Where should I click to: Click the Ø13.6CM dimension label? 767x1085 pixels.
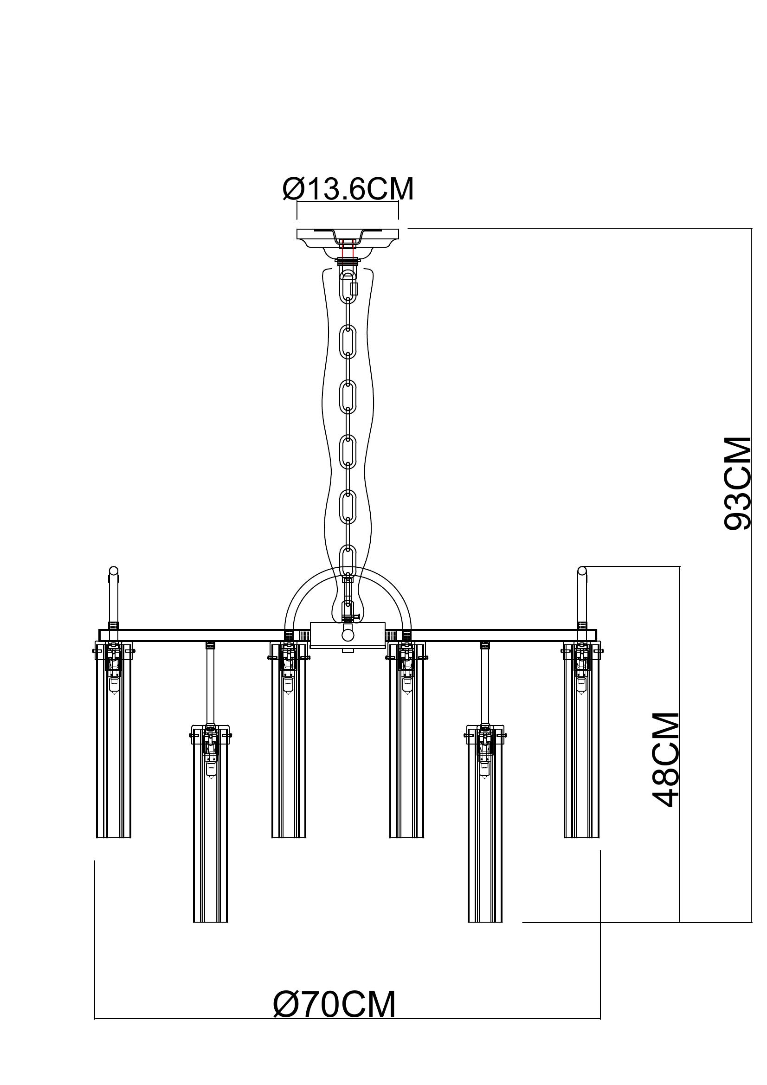(x=348, y=190)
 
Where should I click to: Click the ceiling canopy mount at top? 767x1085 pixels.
(x=348, y=238)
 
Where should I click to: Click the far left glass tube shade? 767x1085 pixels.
(x=113, y=742)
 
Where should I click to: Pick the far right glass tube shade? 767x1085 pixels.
(x=582, y=742)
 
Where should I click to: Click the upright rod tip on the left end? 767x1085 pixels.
(x=113, y=572)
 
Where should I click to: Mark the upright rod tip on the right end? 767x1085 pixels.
(x=582, y=572)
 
